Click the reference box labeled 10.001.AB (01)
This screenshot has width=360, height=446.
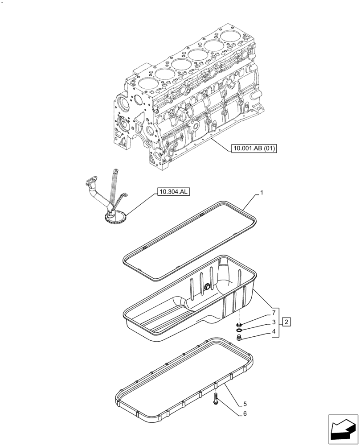coord(254,149)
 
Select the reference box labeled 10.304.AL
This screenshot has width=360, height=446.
coord(173,192)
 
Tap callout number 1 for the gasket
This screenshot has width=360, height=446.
coord(262,193)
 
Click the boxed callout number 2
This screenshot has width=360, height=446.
coord(287,322)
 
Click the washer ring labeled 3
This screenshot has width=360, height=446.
coord(239,330)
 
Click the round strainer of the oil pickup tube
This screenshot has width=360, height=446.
coord(115,218)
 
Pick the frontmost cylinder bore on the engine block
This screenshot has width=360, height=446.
coord(147,83)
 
